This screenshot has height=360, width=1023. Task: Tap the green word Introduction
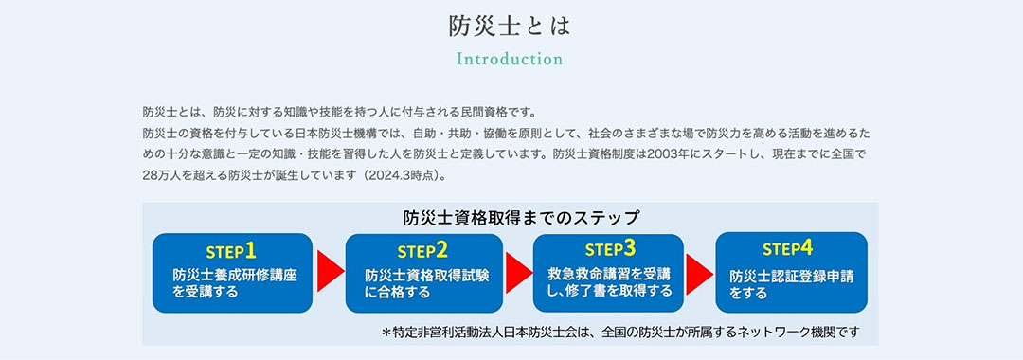[510, 59]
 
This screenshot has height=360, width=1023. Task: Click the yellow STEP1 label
[231, 251]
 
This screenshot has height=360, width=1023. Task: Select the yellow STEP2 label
[422, 251]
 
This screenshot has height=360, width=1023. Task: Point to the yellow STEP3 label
[610, 249]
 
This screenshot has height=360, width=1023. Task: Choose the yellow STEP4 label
[787, 248]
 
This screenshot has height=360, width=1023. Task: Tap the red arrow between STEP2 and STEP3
[519, 273]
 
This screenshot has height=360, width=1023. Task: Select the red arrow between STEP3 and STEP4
[699, 273]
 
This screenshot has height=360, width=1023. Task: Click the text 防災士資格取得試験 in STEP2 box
[427, 275]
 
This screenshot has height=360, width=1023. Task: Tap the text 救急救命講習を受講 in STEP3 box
[609, 273]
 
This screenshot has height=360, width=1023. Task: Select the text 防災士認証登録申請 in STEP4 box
[791, 277]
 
